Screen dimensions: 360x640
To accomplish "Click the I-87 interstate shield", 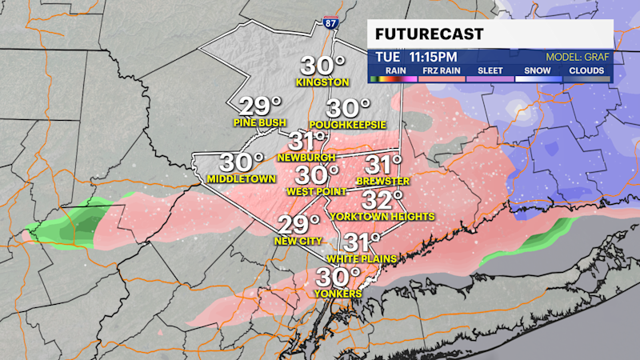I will click(331, 22).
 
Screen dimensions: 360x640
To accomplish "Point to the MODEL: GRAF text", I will click(578, 58).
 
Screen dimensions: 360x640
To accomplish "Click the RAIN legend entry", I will click(394, 70).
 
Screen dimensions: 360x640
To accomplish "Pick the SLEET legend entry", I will click(490, 70).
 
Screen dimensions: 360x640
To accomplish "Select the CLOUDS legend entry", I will click(586, 70).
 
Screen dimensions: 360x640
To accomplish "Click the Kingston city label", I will click(322, 82).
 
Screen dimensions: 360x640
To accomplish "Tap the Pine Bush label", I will click(260, 122).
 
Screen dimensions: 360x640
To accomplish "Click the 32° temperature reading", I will click(381, 199).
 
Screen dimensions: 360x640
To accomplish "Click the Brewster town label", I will click(382, 181).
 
